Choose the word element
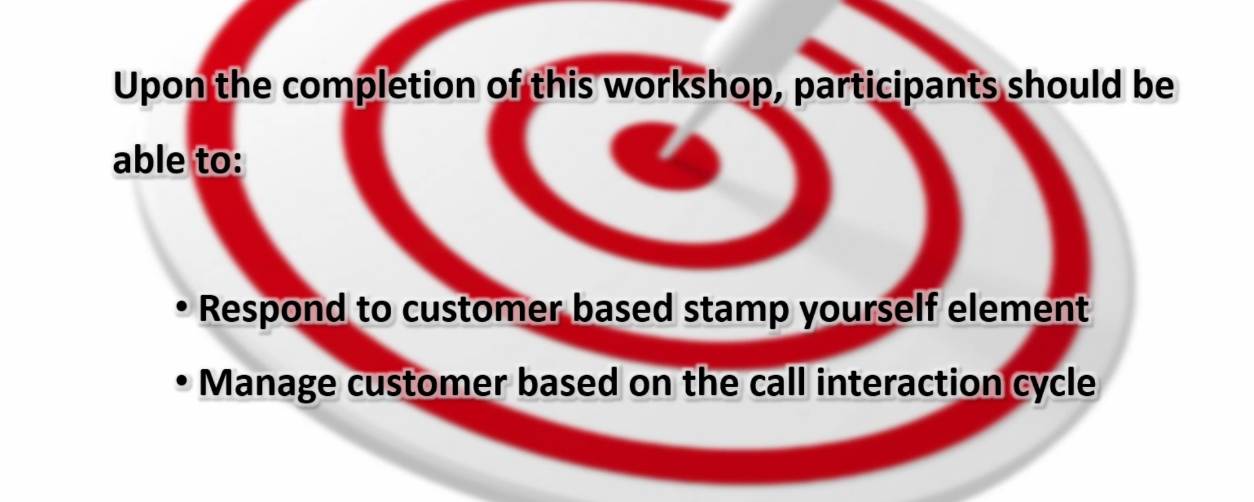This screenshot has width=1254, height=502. coord(1018,308)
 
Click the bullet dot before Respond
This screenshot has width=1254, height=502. coord(182,308)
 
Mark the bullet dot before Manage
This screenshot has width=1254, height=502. coord(182,382)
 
